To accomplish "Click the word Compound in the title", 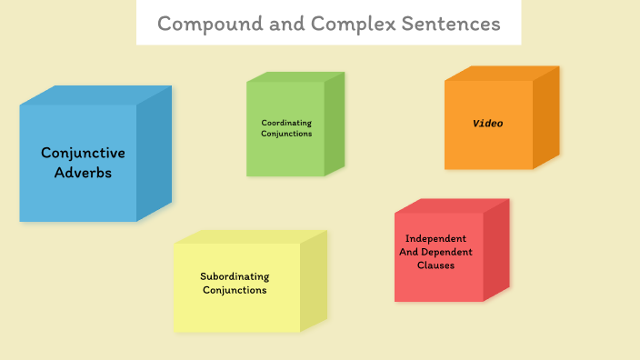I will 201,24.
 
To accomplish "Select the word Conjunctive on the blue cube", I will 83,153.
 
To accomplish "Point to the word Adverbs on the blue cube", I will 83,172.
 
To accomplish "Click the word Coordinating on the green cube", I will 286,122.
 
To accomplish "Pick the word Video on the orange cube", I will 488,123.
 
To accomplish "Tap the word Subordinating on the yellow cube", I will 235,276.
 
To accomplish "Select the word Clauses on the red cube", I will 435,265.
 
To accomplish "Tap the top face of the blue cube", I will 95,95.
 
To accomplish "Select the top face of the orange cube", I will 500,73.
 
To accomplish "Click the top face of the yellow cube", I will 250,236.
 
